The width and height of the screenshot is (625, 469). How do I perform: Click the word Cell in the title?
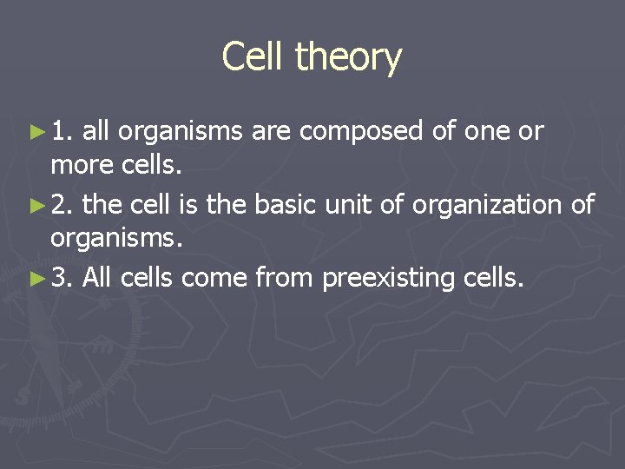(253, 57)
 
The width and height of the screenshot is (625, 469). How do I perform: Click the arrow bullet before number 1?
(36, 132)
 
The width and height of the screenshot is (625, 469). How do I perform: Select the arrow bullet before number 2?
(36, 206)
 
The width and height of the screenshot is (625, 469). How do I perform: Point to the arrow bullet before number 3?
(36, 279)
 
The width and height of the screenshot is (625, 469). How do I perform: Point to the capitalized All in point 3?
(98, 279)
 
